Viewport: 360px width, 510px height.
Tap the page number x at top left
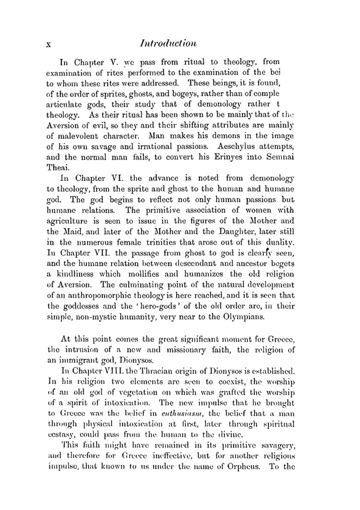pyautogui.click(x=50, y=44)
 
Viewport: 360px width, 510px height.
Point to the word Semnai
pyautogui.click(x=280, y=157)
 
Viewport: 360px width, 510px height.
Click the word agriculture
pyautogui.click(x=67, y=221)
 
